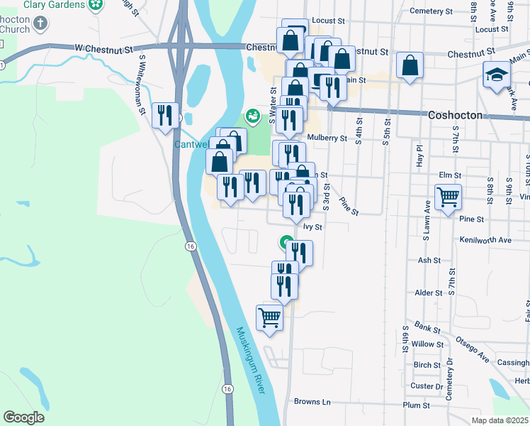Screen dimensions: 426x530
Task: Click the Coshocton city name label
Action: point(456,115)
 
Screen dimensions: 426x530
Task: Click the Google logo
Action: point(23,417)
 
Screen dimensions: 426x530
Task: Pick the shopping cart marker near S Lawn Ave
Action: point(448,197)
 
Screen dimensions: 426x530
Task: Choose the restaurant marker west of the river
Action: point(167,114)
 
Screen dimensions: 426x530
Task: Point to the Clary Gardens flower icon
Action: point(95,5)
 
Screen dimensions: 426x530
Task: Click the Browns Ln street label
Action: point(312,402)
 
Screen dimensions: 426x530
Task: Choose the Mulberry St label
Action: point(327,138)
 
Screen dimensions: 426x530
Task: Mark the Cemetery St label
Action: point(431,11)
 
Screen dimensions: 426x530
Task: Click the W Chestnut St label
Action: point(104,49)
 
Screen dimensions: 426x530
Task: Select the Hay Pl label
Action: point(419,156)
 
